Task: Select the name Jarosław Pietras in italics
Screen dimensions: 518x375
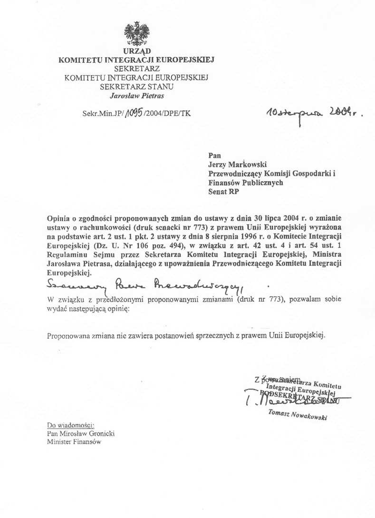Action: point(137,95)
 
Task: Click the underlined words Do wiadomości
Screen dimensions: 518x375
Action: point(71,425)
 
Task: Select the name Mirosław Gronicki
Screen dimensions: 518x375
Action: point(89,433)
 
